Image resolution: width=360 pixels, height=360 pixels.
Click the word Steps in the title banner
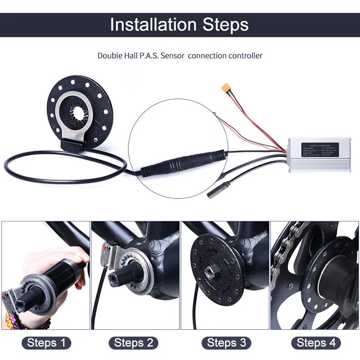point(223,25)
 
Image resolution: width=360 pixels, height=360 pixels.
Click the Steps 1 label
point(46,343)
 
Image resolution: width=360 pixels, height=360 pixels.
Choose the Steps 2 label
point(135,343)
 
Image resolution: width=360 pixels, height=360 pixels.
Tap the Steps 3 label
point(225,343)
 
